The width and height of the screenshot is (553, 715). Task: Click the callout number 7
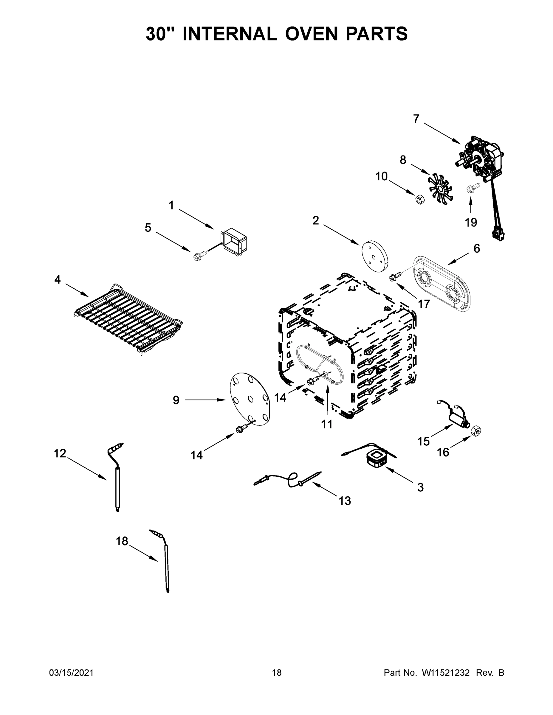pos(416,119)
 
